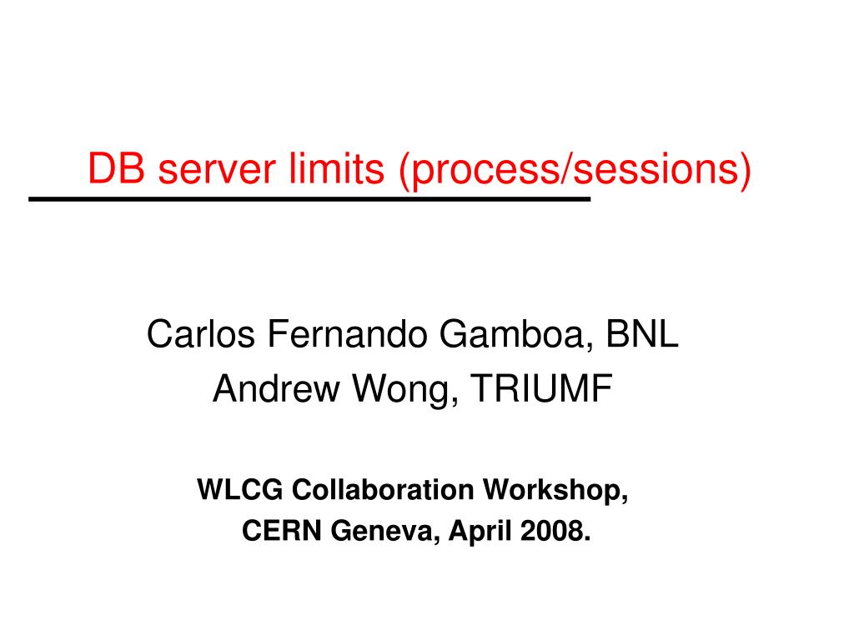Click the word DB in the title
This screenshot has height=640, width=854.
(116, 168)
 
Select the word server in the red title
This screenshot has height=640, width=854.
(217, 170)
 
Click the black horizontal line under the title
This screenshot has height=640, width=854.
(309, 199)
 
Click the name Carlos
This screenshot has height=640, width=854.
(200, 333)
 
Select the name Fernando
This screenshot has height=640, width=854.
(347, 333)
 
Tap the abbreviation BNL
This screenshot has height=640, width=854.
(642, 333)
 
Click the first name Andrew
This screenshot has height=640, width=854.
(276, 388)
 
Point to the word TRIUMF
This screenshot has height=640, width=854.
(542, 388)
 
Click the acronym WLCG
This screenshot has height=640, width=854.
(240, 488)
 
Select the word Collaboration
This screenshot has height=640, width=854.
(383, 488)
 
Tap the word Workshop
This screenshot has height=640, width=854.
(555, 489)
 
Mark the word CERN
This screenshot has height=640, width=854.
(282, 530)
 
